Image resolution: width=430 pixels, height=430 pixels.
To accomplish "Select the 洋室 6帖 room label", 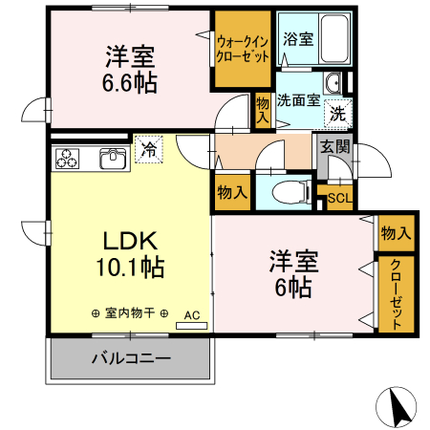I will point(292,272).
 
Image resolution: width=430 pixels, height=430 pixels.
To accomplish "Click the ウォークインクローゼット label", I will point(243,50).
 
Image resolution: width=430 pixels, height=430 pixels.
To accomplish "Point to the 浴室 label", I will point(297,39).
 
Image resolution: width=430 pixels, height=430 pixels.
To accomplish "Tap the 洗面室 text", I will point(298,98).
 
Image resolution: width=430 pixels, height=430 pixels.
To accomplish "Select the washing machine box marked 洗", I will point(338,112).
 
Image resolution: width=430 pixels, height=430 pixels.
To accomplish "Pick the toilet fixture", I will point(286,193).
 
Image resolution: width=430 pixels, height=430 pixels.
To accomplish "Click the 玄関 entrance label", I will point(334,147).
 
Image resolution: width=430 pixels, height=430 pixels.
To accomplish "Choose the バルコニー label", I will point(131,359).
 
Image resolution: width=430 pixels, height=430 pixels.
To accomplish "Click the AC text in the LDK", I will point(191,314).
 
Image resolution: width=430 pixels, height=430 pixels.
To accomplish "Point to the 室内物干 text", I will point(130,313).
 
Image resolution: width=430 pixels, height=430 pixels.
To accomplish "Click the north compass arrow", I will point(398,408).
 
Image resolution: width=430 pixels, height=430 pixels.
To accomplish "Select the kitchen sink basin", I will point(112,159).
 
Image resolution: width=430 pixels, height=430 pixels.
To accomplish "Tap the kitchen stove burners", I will point(69,159).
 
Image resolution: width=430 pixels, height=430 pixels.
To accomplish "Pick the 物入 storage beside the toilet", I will point(232,191).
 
